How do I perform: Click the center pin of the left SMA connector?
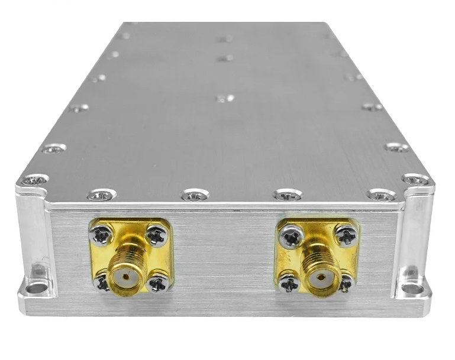125,275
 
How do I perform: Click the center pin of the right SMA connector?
321,277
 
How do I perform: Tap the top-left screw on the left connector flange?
101,236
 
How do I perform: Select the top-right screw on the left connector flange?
157,236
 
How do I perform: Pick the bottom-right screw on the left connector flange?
157,284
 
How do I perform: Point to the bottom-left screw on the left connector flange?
101,283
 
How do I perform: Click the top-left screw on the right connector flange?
291,238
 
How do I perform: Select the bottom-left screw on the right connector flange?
289,284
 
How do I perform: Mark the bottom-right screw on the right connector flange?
346,284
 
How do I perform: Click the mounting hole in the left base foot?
37,288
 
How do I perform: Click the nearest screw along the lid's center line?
224,98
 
